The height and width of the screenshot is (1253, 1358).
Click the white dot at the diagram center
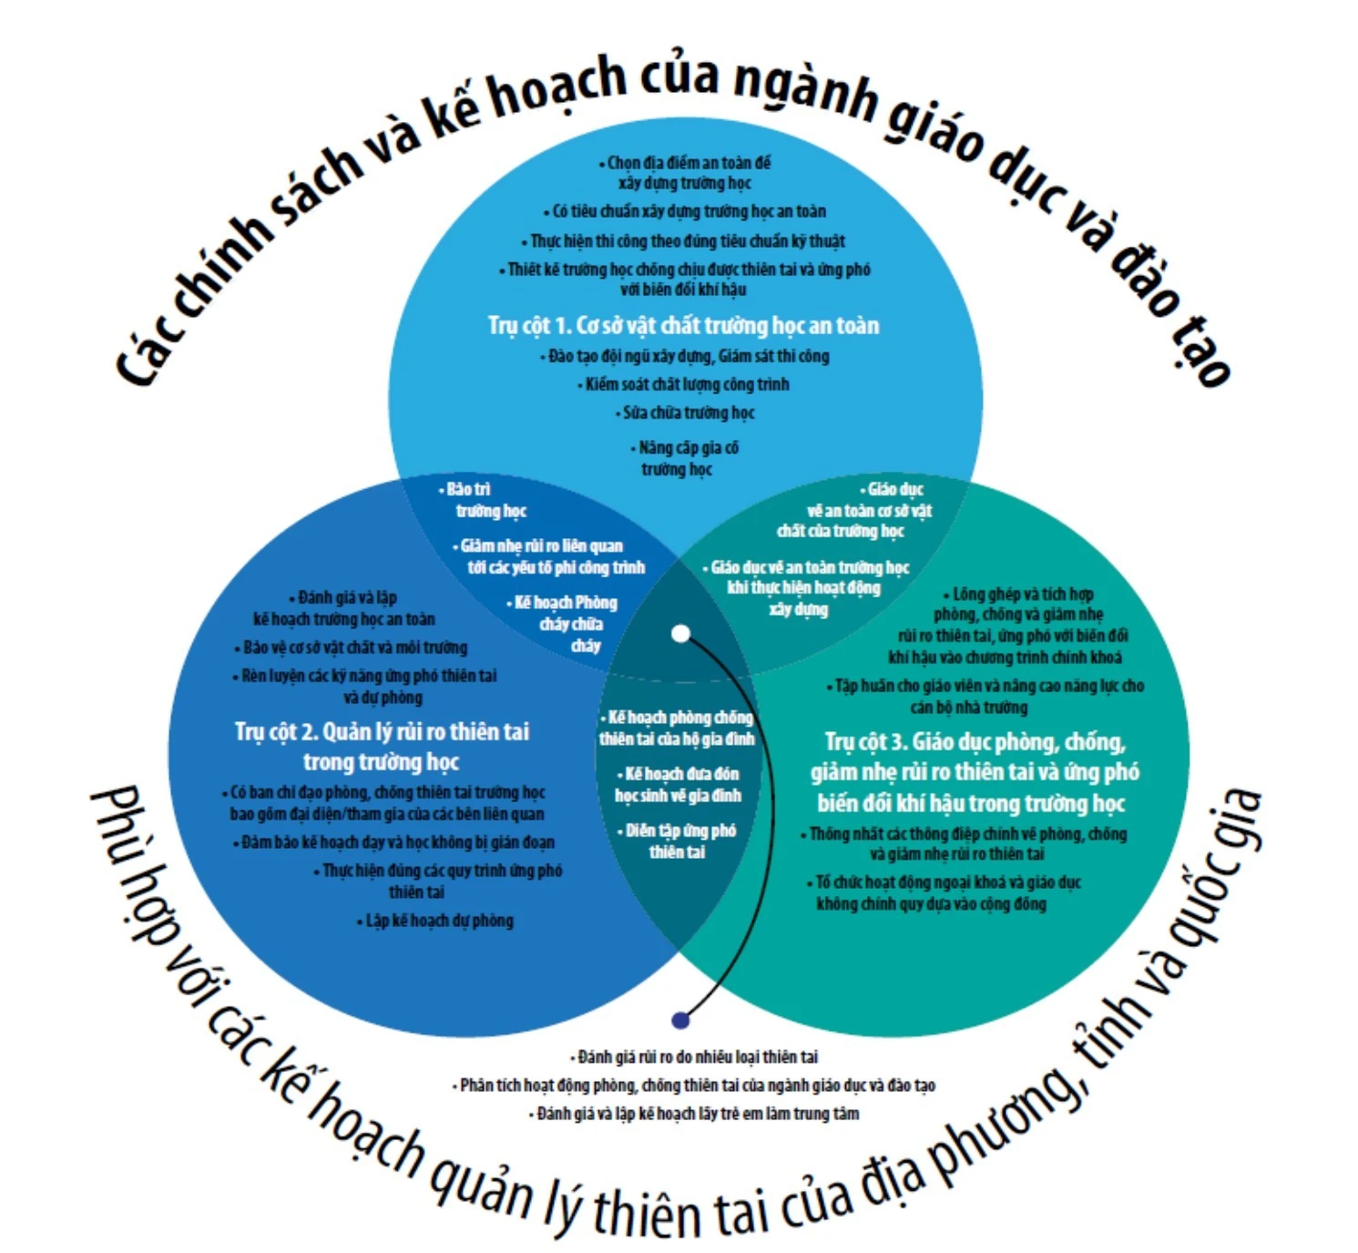pos(680,634)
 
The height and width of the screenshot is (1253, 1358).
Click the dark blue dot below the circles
pos(679,1020)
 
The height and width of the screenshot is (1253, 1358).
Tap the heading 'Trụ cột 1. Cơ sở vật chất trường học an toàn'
pos(683,325)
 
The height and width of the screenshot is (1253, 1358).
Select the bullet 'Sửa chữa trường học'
pos(688,413)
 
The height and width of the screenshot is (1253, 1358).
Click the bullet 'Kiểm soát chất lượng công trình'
pos(686,384)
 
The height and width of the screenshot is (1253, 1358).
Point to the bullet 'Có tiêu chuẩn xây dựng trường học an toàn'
pos(688,211)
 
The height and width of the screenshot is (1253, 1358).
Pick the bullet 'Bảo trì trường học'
pos(486,500)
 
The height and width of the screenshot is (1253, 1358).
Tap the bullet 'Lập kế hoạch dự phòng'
pos(437,921)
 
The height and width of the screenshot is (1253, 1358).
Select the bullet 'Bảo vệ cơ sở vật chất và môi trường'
pos(353,647)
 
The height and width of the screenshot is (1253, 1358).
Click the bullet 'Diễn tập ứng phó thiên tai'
pos(678,840)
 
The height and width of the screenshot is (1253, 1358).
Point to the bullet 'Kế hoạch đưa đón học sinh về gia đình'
pos(678,784)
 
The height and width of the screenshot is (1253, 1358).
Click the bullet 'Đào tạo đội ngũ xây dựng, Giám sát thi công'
pos(688,355)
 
